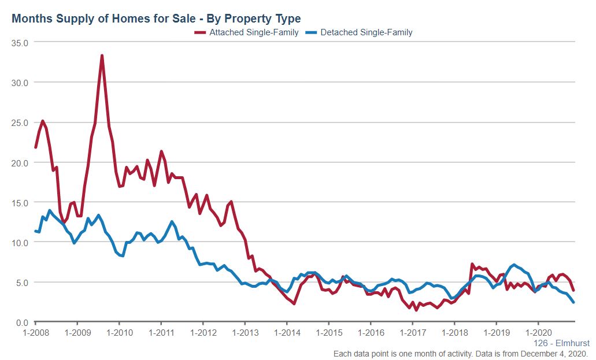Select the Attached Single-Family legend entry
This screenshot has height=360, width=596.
coord(253,33)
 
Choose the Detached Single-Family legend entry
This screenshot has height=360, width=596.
coord(367,33)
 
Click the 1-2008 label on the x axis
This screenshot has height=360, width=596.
coord(35,333)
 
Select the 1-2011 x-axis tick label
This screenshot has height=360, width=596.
coord(161,333)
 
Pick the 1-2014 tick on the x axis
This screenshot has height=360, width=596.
coord(287,333)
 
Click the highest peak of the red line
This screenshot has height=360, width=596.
coord(102,55)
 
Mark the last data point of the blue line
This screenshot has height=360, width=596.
coord(573,302)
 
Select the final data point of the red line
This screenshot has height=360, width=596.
coord(573,290)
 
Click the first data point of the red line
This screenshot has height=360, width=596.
coord(36,147)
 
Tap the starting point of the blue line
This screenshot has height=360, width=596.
coord(36,231)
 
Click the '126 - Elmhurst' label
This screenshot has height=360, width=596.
coord(561,343)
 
